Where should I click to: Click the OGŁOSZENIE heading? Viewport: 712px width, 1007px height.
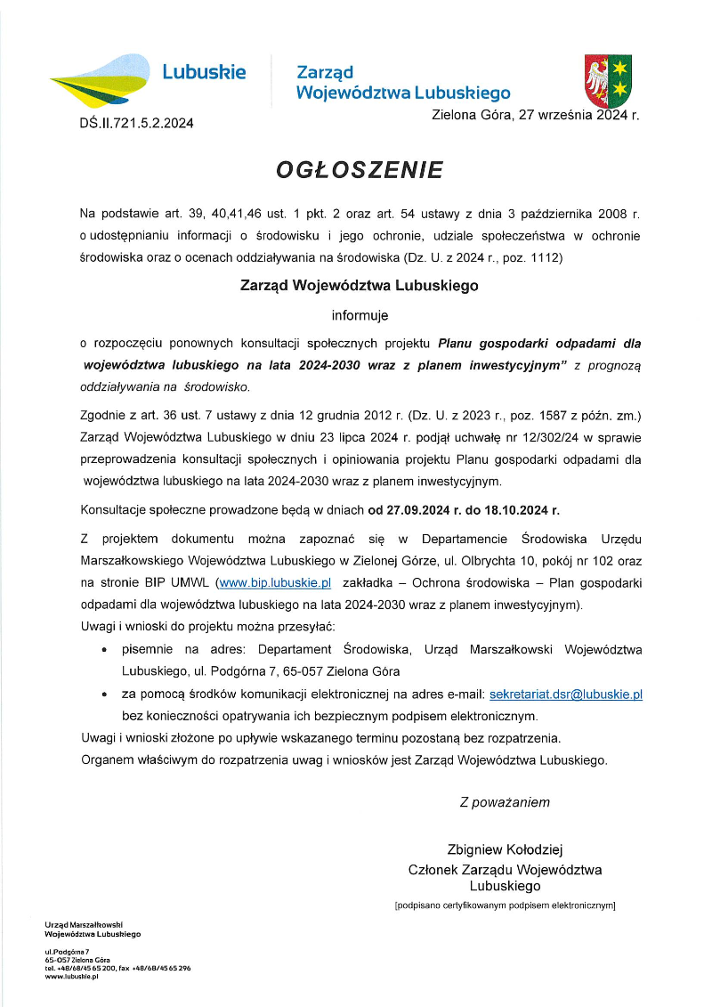360,169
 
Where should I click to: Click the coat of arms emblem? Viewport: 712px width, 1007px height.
608,81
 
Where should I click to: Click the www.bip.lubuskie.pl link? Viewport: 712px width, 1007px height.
275,582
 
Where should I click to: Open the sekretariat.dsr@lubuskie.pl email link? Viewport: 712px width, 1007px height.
566,693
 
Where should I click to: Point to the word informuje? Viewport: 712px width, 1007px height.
360,314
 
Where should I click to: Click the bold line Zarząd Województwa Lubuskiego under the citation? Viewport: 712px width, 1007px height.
360,286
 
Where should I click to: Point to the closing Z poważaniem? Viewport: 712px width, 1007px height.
505,802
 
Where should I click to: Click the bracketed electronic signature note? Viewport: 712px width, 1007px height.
505,906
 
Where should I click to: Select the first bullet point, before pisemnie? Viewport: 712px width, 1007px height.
107,651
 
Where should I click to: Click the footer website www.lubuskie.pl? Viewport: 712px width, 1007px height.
71,977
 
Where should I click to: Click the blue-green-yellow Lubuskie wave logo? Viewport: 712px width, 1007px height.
100,79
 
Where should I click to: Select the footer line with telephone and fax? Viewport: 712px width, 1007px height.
117,968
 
